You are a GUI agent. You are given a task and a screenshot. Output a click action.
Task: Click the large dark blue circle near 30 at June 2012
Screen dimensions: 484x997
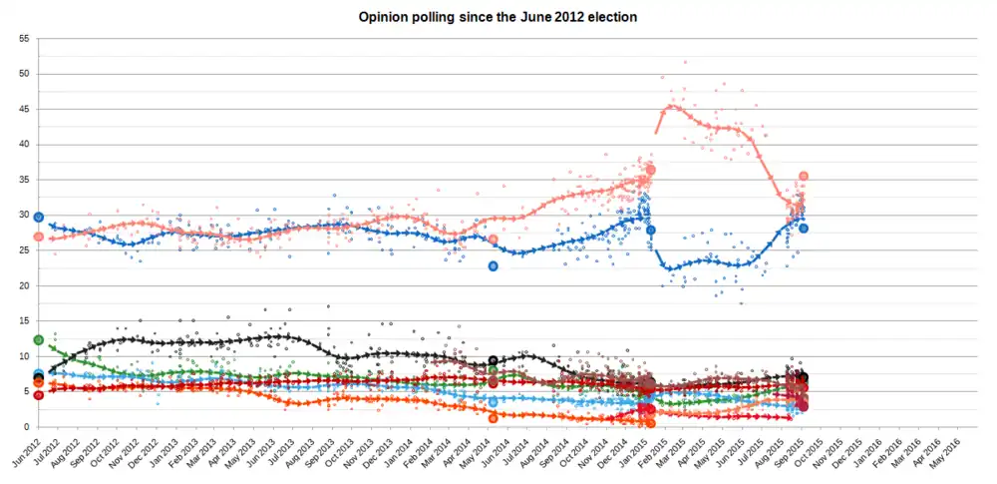[x=39, y=217]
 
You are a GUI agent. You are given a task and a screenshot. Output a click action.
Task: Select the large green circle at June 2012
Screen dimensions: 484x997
[x=39, y=340]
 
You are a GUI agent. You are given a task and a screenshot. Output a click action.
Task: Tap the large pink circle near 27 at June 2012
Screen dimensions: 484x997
[x=39, y=237]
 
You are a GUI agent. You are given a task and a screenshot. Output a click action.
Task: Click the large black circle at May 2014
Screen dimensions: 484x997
[x=493, y=360]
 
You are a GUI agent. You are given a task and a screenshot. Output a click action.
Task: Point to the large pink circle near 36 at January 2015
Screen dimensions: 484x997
[x=651, y=171]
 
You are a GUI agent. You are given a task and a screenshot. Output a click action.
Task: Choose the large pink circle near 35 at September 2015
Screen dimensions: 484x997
[x=803, y=177]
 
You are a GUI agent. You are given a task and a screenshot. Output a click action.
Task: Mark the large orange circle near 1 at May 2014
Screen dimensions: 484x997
[x=493, y=419]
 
